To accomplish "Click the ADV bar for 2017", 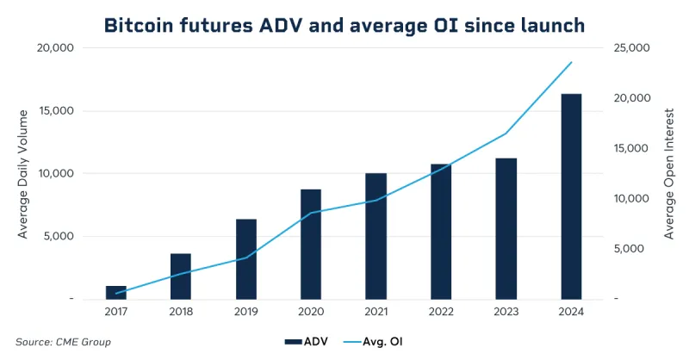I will coord(116,292).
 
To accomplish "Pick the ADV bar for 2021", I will coord(376,236).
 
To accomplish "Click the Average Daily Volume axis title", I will coord(23,173).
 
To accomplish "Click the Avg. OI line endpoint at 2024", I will coord(571,62).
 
